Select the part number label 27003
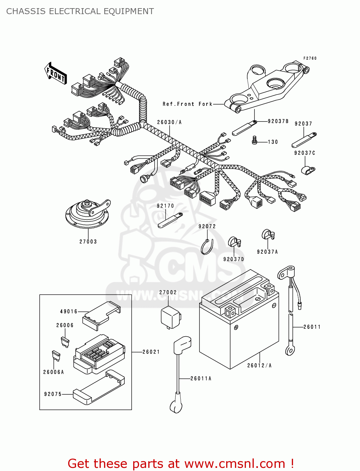[x=88, y=241]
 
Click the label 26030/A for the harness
[x=169, y=122]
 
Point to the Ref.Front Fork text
[x=188, y=104]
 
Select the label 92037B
[x=278, y=121]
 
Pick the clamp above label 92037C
[x=307, y=170]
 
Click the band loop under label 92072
[x=207, y=247]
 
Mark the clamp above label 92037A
[x=268, y=234]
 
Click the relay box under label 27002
[x=170, y=317]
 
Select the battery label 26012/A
[x=259, y=365]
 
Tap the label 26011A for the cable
[x=201, y=379]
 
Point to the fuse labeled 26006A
[x=56, y=355]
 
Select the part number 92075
[x=53, y=394]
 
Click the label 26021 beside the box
[x=151, y=352]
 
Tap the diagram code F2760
[x=310, y=58]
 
